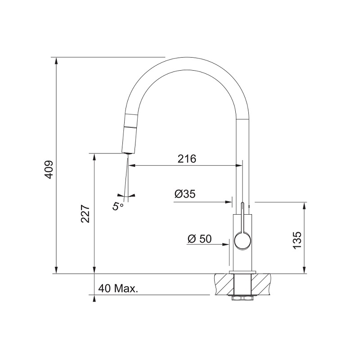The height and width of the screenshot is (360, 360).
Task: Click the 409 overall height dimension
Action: point(49,170)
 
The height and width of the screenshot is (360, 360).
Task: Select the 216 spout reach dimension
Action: point(187,159)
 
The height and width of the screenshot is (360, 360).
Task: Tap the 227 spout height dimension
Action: point(85,213)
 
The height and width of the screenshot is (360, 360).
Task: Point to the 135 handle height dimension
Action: point(297,240)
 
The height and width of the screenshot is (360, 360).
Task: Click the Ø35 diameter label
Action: point(185,194)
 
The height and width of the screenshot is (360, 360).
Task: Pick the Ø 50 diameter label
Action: point(199,239)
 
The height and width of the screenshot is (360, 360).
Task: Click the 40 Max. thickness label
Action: point(118,288)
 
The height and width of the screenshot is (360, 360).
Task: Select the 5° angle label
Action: point(118,206)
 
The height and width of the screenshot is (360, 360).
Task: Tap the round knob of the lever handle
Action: point(242,241)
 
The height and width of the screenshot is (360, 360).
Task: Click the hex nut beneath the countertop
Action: point(243,298)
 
